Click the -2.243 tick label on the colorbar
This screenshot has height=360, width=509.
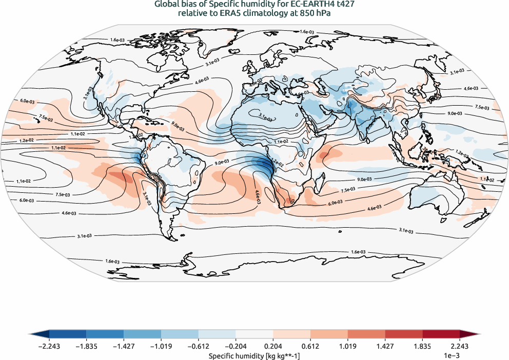49,347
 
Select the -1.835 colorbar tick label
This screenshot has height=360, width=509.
87,347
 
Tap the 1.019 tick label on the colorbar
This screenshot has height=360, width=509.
347,347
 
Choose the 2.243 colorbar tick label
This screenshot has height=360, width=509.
459,347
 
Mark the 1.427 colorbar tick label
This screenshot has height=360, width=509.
385,347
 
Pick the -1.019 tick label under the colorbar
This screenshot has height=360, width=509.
161,347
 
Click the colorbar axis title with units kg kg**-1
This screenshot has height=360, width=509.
254,355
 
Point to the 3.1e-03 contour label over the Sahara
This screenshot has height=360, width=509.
265,117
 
